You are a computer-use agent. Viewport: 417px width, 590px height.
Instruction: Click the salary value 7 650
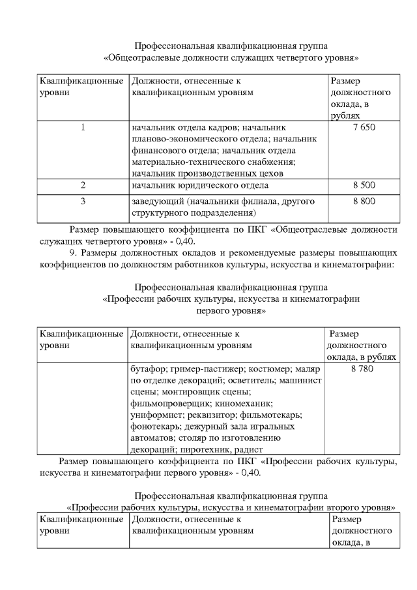tap(364, 126)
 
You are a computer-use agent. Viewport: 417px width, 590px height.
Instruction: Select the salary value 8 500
tap(364, 186)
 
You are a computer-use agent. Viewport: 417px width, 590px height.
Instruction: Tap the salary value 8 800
tap(364, 201)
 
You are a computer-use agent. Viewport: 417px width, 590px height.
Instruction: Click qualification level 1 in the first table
tap(83, 126)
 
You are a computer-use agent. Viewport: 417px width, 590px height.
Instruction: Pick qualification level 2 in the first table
tap(83, 186)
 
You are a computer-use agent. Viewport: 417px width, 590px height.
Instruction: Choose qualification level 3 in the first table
tap(83, 201)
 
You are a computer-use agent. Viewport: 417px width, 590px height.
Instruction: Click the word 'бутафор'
tap(147, 369)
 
